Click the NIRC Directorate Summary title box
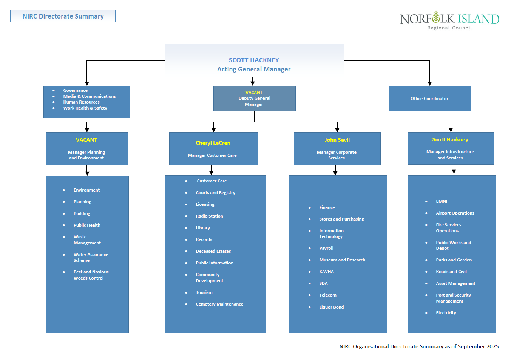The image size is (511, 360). click(63, 16)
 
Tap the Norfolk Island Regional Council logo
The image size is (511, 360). click(449, 20)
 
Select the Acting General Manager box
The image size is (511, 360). click(254, 61)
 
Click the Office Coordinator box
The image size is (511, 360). click(429, 99)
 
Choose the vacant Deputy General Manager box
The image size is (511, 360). click(254, 98)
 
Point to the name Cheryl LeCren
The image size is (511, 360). click(213, 143)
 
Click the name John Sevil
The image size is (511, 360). click(337, 140)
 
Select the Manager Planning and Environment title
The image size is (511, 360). click(86, 155)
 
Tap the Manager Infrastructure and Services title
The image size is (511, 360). click(450, 155)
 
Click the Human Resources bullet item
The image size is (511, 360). click(81, 102)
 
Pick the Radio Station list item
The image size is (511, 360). click(209, 216)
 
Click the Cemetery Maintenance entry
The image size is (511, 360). click(219, 304)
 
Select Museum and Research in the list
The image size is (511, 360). click(342, 260)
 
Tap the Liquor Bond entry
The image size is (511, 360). click(331, 307)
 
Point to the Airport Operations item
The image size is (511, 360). click(455, 213)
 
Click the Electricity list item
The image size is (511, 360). click(446, 313)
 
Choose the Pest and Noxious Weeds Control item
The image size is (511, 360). click(91, 275)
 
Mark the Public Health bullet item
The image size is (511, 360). click(87, 225)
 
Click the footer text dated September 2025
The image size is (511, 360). click(419, 346)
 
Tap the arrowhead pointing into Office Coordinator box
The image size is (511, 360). click(429, 83)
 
